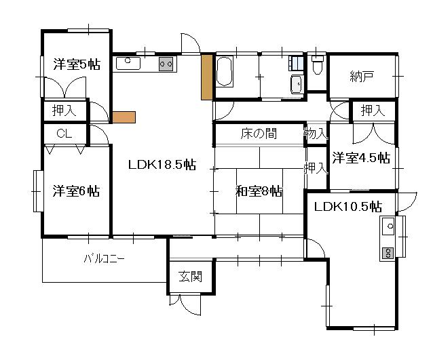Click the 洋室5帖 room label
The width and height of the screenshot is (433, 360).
[x=77, y=64]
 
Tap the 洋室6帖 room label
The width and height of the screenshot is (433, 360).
[x=76, y=191]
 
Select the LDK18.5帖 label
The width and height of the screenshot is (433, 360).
[x=162, y=165]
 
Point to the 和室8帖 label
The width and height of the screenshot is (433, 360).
[x=259, y=191]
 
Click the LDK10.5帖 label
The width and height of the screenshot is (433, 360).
[x=348, y=206]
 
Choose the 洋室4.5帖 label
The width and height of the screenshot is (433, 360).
[x=361, y=158]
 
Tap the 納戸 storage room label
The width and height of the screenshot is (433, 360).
[x=362, y=77]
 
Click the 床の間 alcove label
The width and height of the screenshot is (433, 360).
[x=259, y=134]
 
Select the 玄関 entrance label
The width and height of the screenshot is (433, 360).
[x=190, y=277]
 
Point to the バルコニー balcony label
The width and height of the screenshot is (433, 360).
[x=104, y=259]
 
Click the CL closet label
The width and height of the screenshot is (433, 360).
[x=64, y=134]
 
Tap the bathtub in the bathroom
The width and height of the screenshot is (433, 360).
[x=225, y=72]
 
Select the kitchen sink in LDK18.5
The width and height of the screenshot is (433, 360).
[x=128, y=64]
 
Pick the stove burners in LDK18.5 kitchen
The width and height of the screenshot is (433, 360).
[x=166, y=64]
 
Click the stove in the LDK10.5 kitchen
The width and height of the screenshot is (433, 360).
[x=388, y=254]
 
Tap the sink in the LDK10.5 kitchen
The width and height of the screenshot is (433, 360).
[x=388, y=226]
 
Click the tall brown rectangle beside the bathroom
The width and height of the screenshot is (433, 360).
[x=206, y=77]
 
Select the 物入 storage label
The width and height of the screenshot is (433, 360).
[x=316, y=134]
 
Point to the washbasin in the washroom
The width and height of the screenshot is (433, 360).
[x=297, y=84]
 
